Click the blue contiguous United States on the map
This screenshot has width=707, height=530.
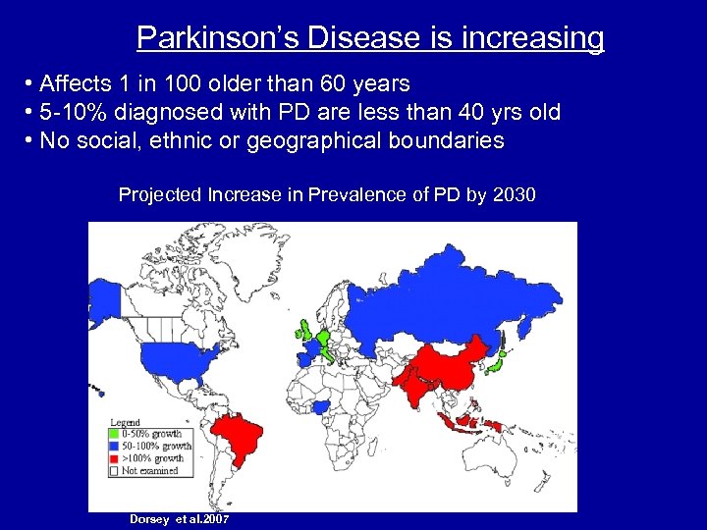(167, 357)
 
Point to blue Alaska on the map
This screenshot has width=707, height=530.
(101, 293)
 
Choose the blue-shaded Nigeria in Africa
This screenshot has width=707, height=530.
(320, 406)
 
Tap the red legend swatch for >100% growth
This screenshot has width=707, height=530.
(114, 458)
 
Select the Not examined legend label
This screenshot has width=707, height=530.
(149, 471)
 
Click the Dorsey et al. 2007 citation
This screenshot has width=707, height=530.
(179, 518)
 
